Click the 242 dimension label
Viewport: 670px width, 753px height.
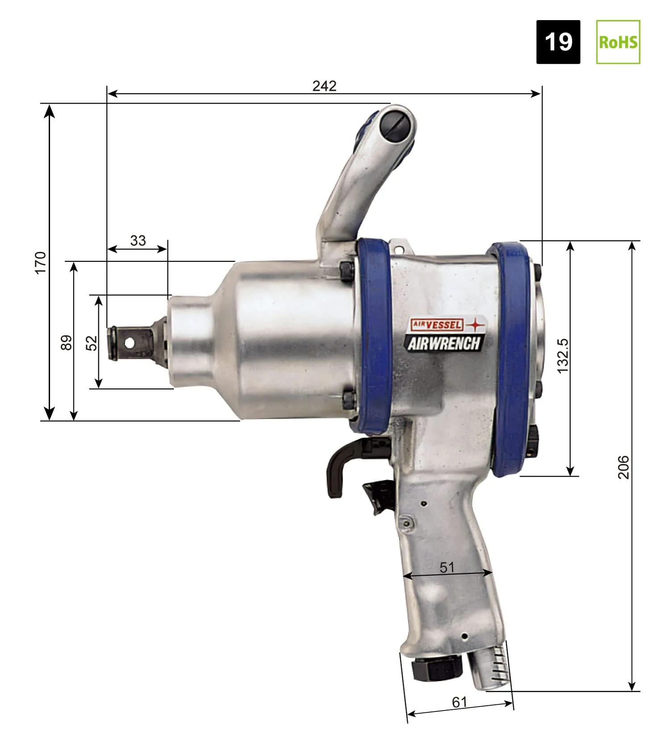tap(324, 86)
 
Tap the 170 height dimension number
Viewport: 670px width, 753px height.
tap(40, 263)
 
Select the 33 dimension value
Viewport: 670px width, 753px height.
tap(138, 240)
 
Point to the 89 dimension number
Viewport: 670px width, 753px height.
tap(66, 343)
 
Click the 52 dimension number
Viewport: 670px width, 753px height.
tap(92, 343)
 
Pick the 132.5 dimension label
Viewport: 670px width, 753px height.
tap(563, 356)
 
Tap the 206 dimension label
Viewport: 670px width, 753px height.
tap(624, 467)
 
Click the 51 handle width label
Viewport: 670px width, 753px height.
tap(447, 567)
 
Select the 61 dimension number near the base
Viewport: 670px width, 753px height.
tap(460, 702)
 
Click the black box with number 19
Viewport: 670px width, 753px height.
tap(558, 42)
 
